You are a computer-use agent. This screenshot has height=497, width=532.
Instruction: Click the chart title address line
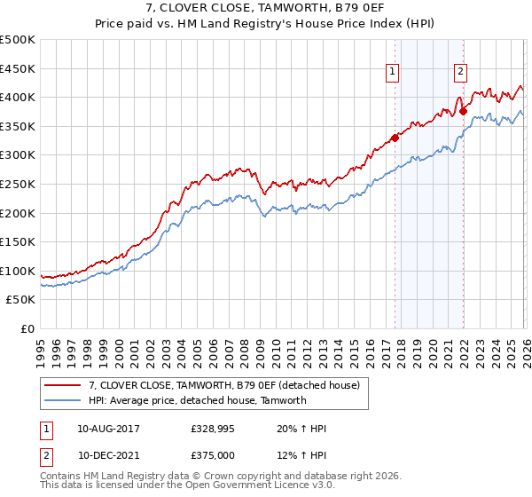[x=266, y=10]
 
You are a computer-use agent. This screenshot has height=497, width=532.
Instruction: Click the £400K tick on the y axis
[x=18, y=98]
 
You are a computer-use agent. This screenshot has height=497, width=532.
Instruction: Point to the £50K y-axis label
[x=21, y=301]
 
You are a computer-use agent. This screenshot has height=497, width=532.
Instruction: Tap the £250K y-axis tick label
[x=18, y=185]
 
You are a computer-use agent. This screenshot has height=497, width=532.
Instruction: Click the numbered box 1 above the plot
[x=392, y=74]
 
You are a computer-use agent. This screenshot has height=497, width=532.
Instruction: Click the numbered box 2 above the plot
[x=461, y=74]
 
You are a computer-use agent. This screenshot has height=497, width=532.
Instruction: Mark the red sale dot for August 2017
[x=395, y=138]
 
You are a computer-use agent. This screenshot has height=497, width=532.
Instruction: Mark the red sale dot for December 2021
[x=463, y=111]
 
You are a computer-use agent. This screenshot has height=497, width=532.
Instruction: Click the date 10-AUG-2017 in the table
[x=108, y=429]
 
